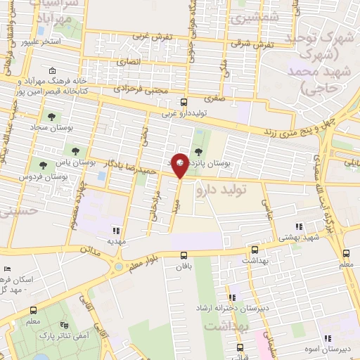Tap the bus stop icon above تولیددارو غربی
pyautogui.click(x=184, y=101)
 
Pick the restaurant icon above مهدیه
pyautogui.click(x=117, y=230)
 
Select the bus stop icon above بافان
pyautogui.click(x=184, y=255)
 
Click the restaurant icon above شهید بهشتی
pyautogui.click(x=299, y=226)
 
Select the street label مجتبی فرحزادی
pyautogui.click(x=141, y=90)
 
